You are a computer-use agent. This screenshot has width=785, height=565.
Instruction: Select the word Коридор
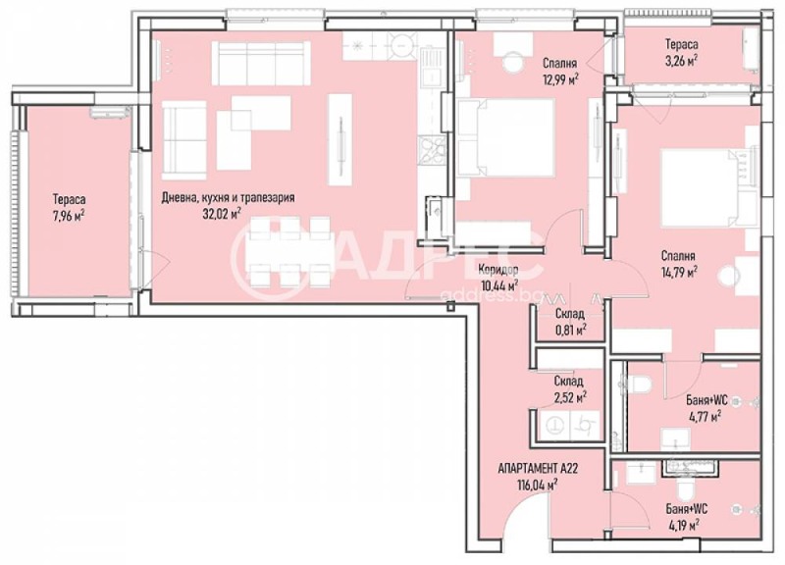(x=497, y=270)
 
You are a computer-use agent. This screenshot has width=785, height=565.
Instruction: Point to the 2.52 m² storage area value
(x=568, y=397)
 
